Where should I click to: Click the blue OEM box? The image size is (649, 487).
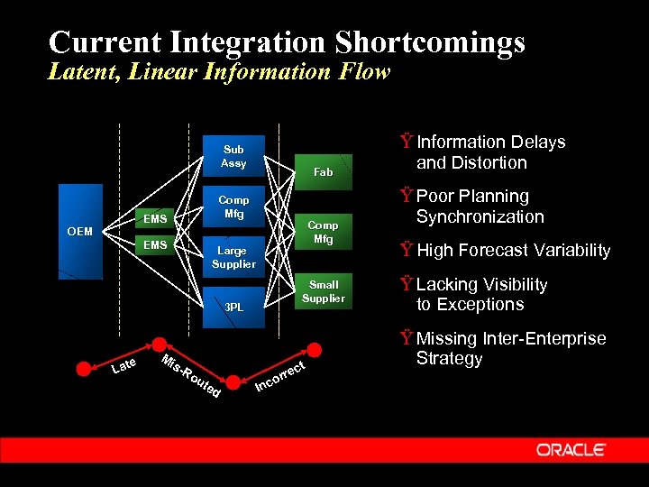click(80, 232)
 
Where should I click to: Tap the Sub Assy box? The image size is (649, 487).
click(233, 156)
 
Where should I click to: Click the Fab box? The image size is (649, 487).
click(323, 171)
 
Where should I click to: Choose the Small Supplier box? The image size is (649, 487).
click(323, 291)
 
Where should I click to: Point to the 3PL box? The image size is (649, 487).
click(233, 307)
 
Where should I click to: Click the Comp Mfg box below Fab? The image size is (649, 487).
click(323, 232)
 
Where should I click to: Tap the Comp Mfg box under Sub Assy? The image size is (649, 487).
click(233, 207)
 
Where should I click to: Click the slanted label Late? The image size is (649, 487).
click(123, 365)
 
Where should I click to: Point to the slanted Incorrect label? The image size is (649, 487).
click(282, 376)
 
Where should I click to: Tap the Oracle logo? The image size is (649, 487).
click(571, 449)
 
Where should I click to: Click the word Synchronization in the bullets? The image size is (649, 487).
click(480, 216)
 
